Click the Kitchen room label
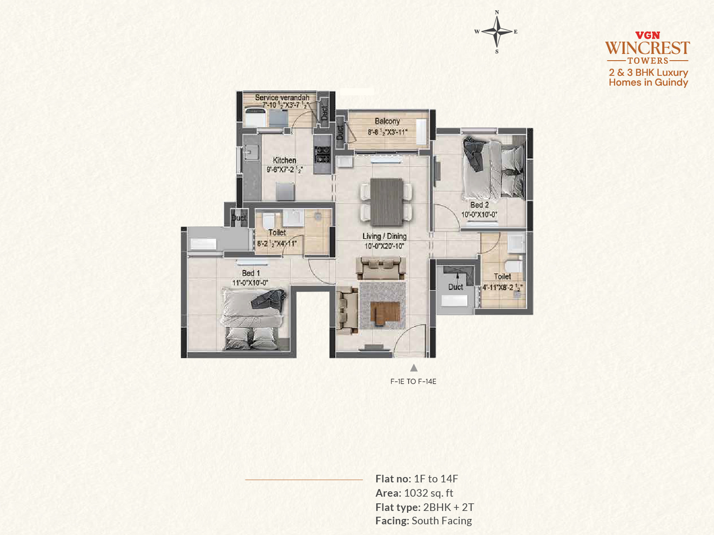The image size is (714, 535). pyautogui.click(x=284, y=160)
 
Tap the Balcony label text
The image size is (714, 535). pyautogui.click(x=387, y=121)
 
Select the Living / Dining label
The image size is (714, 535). pyautogui.click(x=385, y=236)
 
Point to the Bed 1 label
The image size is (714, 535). pyautogui.click(x=251, y=273)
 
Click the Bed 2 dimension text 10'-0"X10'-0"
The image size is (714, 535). pyautogui.click(x=479, y=214)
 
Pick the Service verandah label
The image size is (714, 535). pyautogui.click(x=282, y=98)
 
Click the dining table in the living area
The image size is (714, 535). pyautogui.click(x=386, y=202)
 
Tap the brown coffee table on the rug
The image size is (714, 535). pyautogui.click(x=385, y=313)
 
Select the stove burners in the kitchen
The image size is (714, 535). pyautogui.click(x=322, y=154)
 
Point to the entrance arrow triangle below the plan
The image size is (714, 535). pyautogui.click(x=413, y=368)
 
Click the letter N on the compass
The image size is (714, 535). pyautogui.click(x=497, y=12)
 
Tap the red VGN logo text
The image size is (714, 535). pyautogui.click(x=648, y=35)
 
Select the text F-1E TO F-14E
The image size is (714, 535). pyautogui.click(x=413, y=381)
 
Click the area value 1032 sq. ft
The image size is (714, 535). pyautogui.click(x=428, y=493)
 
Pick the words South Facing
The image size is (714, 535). pyautogui.click(x=442, y=521)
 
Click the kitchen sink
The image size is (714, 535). pyautogui.click(x=251, y=152)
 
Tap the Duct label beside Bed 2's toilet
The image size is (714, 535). pyautogui.click(x=456, y=287)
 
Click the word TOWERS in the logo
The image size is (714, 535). pyautogui.click(x=648, y=61)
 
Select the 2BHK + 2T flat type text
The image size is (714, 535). pyautogui.click(x=448, y=507)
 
